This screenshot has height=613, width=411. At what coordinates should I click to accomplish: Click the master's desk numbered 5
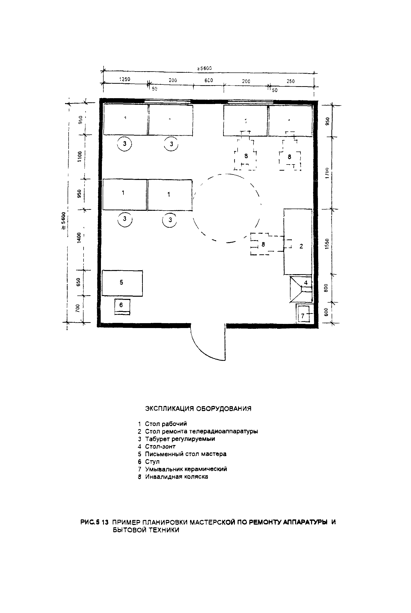coord(122,283)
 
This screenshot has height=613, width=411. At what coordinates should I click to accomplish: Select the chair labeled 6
coord(122,306)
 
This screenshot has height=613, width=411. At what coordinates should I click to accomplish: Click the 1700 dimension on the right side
coord(327,173)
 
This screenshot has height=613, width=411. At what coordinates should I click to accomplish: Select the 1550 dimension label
coord(327,244)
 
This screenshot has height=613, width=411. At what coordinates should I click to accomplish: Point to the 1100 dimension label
coord(80,156)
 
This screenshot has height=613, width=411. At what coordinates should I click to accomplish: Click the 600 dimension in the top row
coord(209,81)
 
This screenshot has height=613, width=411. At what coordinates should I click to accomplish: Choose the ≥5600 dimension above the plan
coord(205,68)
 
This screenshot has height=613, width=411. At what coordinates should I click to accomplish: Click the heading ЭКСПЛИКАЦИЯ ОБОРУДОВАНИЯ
coord(198,409)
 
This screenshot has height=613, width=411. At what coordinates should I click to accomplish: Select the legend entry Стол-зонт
coord(160,446)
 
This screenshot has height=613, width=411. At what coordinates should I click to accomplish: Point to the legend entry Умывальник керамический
coord(186,469)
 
